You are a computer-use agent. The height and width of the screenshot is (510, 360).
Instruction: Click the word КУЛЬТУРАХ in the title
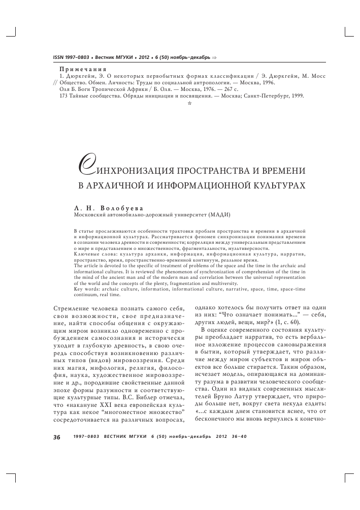[x=274, y=185]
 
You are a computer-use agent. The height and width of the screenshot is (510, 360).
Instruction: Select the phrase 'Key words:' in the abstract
[x=87, y=289]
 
